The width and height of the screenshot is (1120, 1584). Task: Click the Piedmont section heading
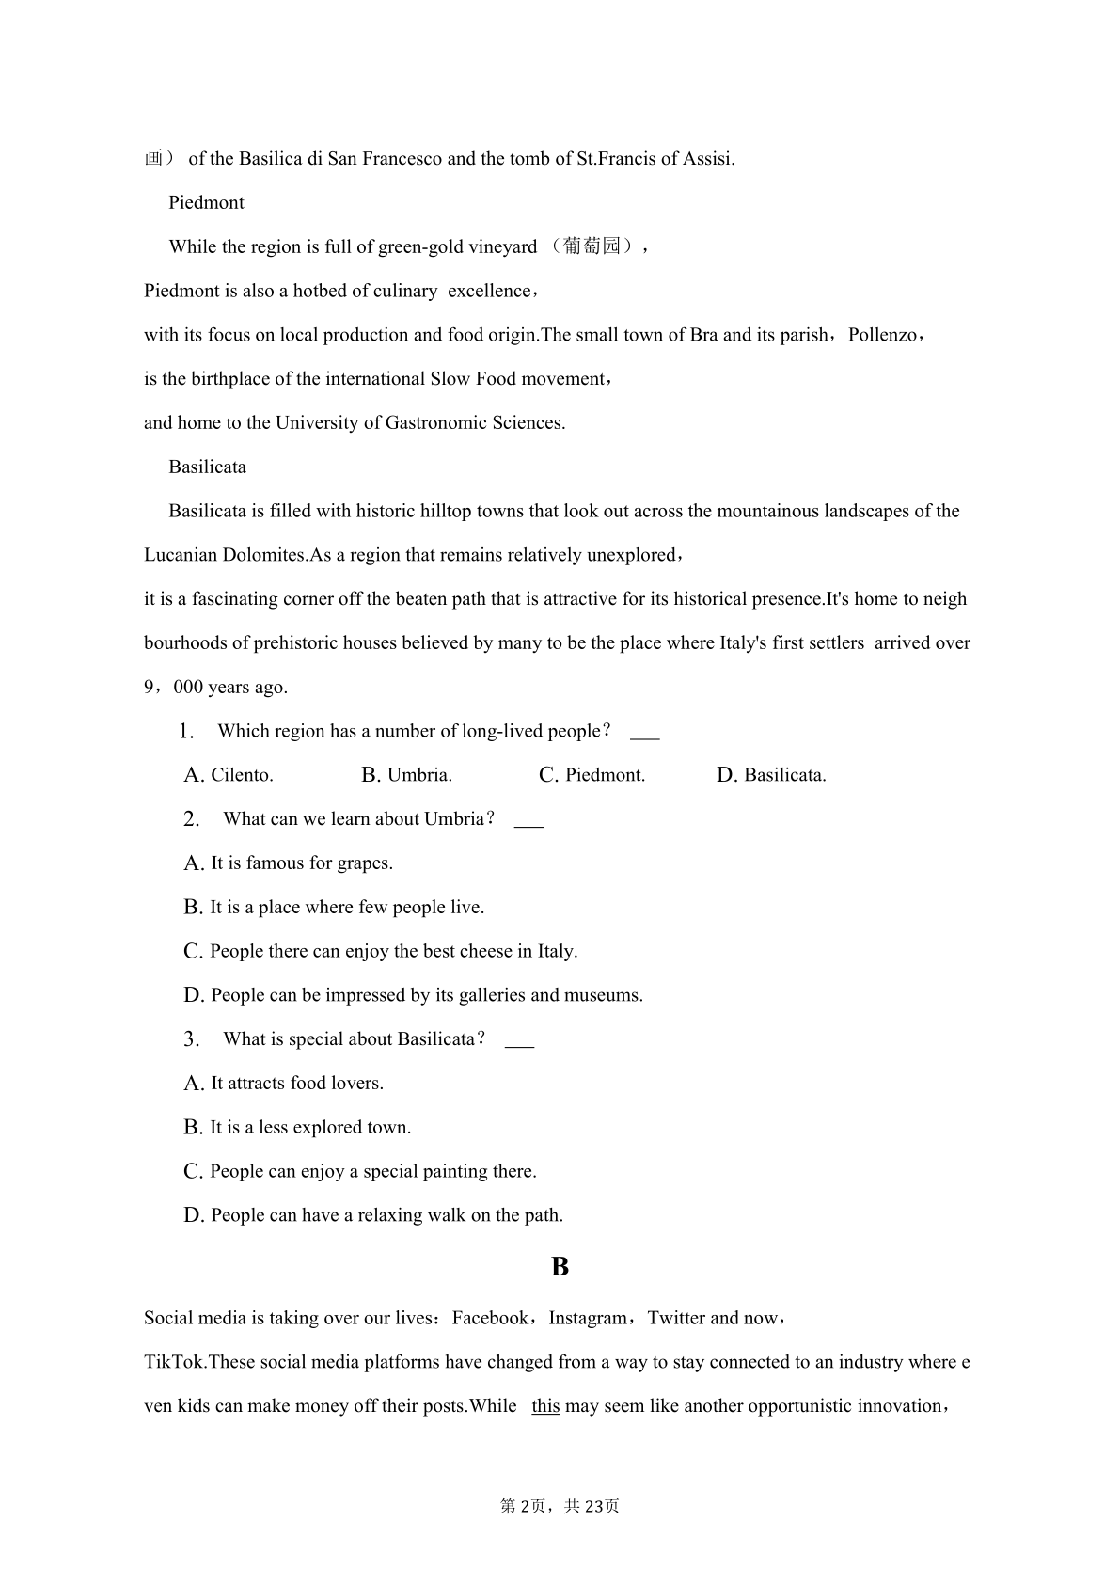click(x=206, y=203)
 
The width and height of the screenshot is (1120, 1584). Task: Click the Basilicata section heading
click(x=207, y=467)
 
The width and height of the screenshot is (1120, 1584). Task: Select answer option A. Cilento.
click(x=229, y=775)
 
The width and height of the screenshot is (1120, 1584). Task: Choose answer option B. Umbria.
click(x=406, y=775)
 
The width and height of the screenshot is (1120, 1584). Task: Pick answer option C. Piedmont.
click(x=592, y=775)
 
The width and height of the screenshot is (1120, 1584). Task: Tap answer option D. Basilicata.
click(x=771, y=775)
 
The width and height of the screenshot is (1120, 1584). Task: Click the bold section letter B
click(x=560, y=1267)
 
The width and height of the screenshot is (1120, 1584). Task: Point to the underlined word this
click(x=545, y=1406)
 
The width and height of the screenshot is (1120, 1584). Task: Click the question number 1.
click(x=186, y=732)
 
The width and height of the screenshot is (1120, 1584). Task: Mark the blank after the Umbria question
click(x=528, y=821)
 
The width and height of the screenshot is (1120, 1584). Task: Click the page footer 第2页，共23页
click(x=560, y=1506)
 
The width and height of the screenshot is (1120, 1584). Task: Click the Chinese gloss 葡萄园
click(x=592, y=246)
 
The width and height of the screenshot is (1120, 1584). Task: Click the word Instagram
click(x=588, y=1318)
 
